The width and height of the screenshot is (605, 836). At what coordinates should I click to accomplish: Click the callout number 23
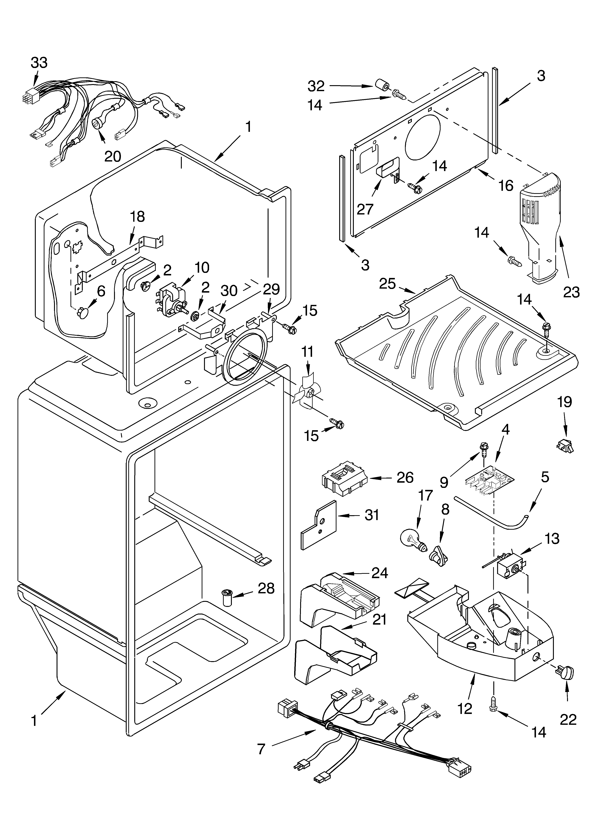pyautogui.click(x=571, y=292)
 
